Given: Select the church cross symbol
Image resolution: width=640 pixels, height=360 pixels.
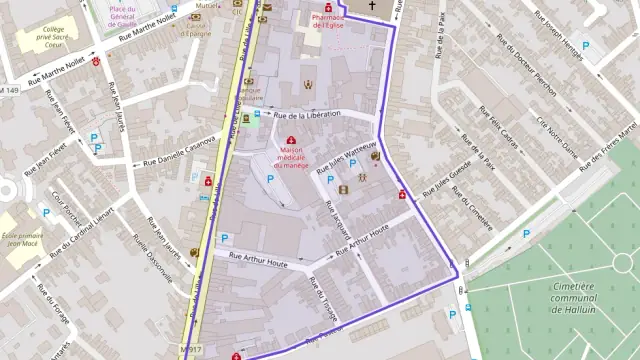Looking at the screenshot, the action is (x=372, y=7).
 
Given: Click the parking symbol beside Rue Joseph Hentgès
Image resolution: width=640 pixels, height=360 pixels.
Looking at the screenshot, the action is (x=586, y=45).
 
